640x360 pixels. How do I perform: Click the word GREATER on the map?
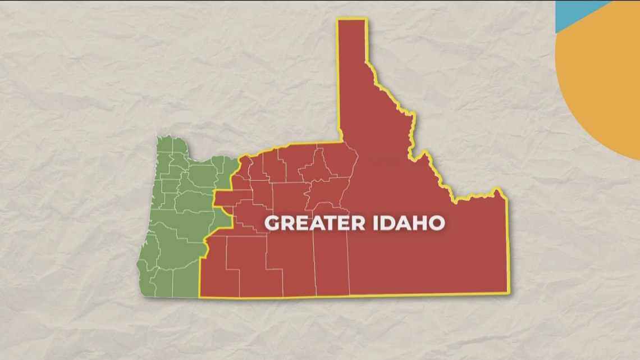(x=307, y=223)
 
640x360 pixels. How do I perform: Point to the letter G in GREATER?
(x=272, y=223)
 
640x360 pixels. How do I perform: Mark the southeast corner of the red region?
(x=508, y=292)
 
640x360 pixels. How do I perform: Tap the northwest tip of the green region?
(x=159, y=138)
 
